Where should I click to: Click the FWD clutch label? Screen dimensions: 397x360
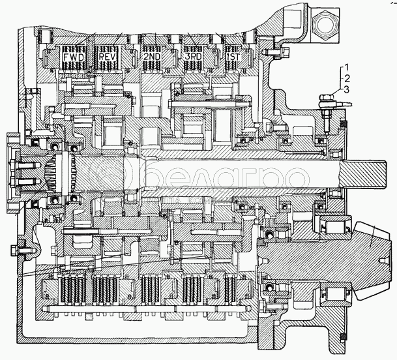point(73,57)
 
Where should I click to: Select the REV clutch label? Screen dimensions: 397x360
point(108,57)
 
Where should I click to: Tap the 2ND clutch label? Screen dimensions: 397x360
point(152,57)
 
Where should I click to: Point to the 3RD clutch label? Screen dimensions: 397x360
point(193,57)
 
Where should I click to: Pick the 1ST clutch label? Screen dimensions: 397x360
point(233,57)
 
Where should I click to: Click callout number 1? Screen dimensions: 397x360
point(347,68)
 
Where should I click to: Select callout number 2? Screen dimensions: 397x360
point(347,78)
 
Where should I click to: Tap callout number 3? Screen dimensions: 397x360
point(346,89)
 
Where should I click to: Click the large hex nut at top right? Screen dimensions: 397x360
point(325,25)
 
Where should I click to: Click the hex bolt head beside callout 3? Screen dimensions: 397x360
point(327,97)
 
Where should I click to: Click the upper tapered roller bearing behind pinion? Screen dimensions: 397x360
point(335,226)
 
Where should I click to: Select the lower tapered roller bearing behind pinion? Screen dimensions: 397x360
point(335,294)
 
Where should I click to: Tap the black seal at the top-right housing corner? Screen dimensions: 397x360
point(344,124)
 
